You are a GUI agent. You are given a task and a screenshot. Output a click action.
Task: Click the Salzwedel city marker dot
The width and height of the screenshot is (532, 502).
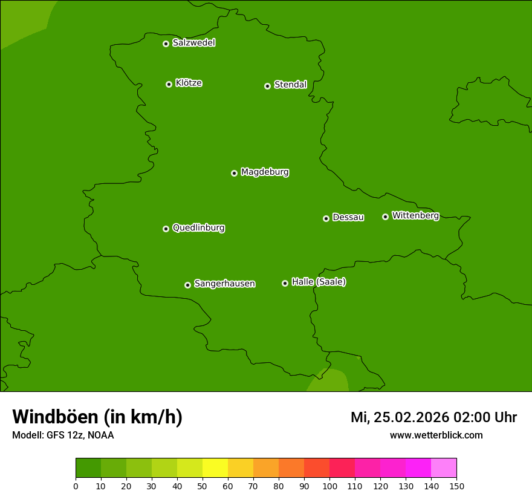(166, 44)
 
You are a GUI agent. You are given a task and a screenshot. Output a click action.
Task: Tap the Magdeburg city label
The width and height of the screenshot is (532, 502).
(265, 172)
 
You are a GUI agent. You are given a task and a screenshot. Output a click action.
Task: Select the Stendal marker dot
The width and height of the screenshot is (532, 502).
(267, 86)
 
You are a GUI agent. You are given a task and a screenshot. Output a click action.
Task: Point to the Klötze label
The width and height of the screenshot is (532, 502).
(189, 83)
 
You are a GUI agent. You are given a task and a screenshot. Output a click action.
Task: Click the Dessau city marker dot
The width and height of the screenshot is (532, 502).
(326, 218)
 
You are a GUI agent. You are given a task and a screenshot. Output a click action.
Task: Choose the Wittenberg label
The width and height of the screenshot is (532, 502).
(415, 216)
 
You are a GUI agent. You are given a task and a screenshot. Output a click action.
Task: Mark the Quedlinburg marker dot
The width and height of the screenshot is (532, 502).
(166, 229)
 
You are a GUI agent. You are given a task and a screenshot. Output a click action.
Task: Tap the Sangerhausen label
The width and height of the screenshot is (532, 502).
(224, 284)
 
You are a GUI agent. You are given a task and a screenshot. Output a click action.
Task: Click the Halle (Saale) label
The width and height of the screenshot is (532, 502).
(319, 282)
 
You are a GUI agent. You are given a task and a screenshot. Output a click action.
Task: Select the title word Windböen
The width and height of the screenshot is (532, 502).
(55, 417)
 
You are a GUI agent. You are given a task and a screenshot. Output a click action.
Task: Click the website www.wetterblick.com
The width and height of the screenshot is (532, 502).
(436, 435)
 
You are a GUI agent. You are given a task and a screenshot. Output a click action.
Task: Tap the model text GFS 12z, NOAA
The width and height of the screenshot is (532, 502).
(80, 435)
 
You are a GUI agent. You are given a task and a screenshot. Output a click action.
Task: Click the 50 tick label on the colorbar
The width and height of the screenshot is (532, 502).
(203, 486)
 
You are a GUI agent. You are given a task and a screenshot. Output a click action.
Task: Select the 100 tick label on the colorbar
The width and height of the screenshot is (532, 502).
(329, 486)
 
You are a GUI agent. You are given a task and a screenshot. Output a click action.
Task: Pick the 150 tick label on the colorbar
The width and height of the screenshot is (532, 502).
(456, 486)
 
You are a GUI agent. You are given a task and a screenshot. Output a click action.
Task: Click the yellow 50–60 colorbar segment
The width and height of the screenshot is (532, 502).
(215, 468)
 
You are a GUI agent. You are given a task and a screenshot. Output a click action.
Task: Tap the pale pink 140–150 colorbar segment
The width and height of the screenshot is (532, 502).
(444, 468)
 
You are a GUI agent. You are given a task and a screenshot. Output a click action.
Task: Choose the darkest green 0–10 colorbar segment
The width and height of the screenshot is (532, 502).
(88, 468)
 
